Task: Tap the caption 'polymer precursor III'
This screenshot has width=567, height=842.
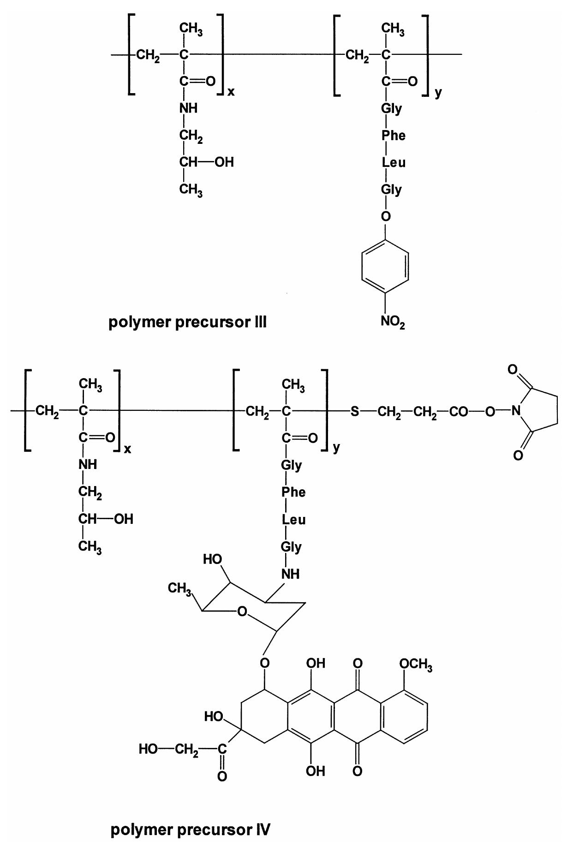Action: click(x=187, y=322)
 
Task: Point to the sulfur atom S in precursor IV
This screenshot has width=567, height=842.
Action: click(x=354, y=411)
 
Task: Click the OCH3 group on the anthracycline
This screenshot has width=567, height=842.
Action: click(x=416, y=664)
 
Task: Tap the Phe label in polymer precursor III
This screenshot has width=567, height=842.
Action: click(x=393, y=136)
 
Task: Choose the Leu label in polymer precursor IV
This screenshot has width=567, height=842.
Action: click(x=293, y=520)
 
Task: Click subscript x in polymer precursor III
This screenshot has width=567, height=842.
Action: click(x=231, y=92)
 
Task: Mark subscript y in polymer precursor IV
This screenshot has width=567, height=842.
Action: click(x=336, y=448)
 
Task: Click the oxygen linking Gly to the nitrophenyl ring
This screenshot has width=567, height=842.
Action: click(x=386, y=216)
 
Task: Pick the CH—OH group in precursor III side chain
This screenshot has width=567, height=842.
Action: click(x=206, y=162)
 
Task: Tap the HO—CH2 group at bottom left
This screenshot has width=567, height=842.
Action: click(x=168, y=749)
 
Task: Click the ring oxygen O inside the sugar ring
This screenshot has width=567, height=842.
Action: click(x=242, y=612)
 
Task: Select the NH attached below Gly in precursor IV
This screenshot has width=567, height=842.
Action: click(x=290, y=574)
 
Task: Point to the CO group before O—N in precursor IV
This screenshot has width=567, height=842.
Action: click(x=458, y=411)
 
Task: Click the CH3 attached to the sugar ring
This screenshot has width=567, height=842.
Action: click(x=179, y=588)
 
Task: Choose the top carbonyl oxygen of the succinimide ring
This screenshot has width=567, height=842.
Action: click(x=512, y=370)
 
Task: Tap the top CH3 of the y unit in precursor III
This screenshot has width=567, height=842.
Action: click(x=393, y=29)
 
